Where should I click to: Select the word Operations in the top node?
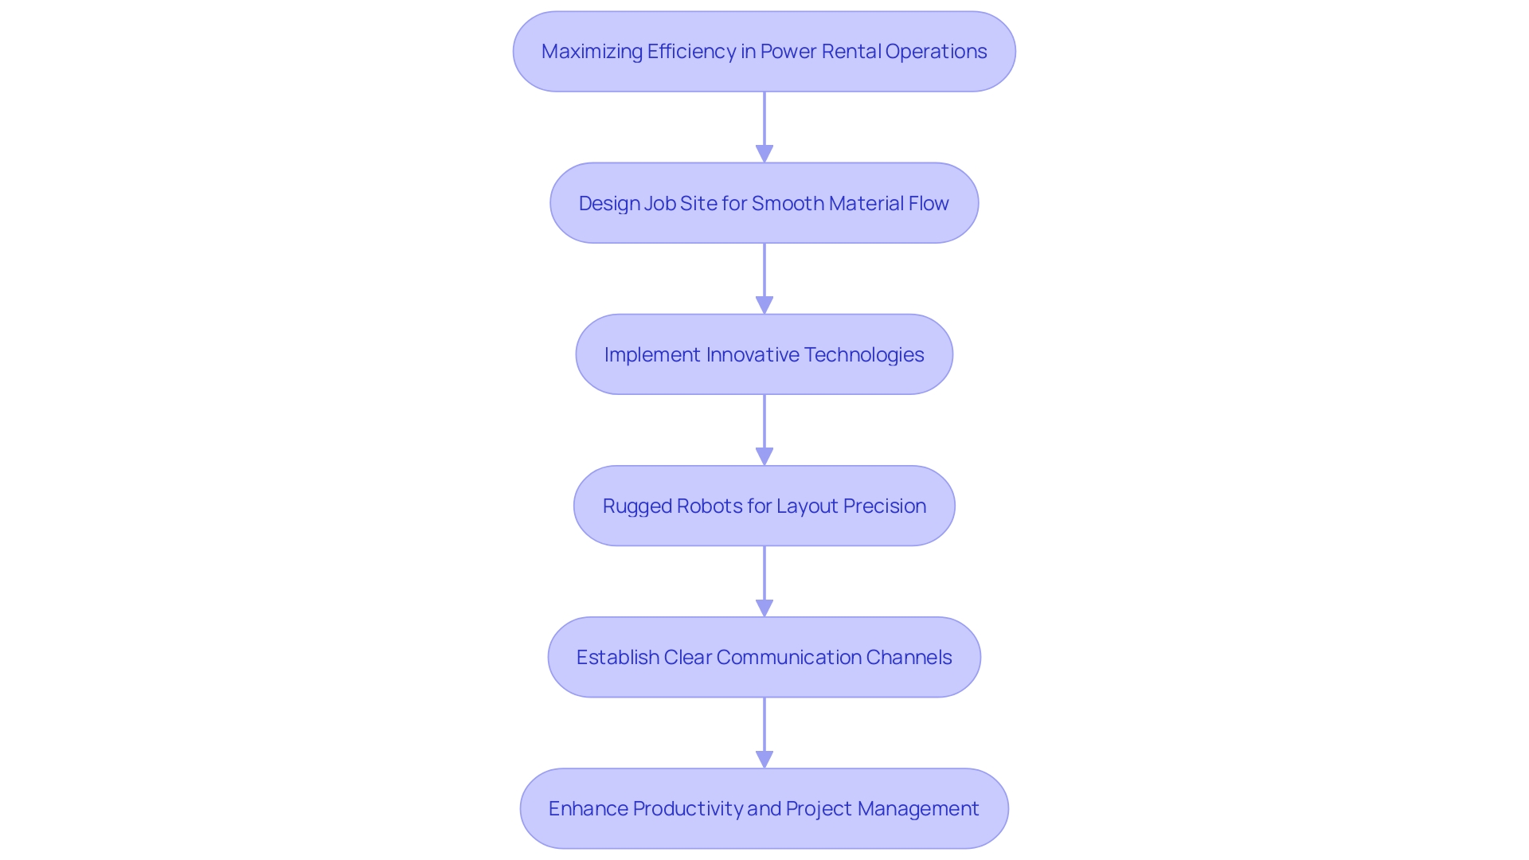pyautogui.click(x=936, y=52)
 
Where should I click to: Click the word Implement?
pyautogui.click(x=652, y=355)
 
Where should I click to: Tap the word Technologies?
pyautogui.click(x=863, y=355)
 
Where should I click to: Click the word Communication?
pyautogui.click(x=788, y=658)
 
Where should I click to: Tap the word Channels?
pyautogui.click(x=909, y=658)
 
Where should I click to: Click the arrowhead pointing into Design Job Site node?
pyautogui.click(x=764, y=154)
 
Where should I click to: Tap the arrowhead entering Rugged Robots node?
pyautogui.click(x=764, y=456)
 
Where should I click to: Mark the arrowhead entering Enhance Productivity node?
pyautogui.click(x=764, y=759)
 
